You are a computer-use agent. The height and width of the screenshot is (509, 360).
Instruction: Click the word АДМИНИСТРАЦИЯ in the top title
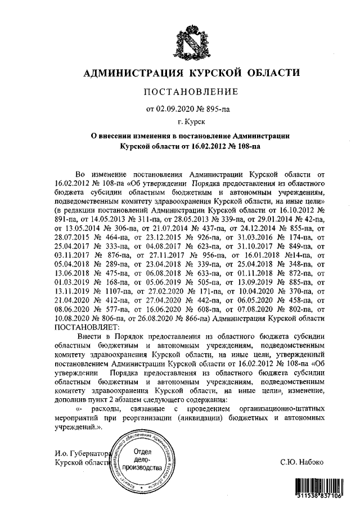coord(131,73)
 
